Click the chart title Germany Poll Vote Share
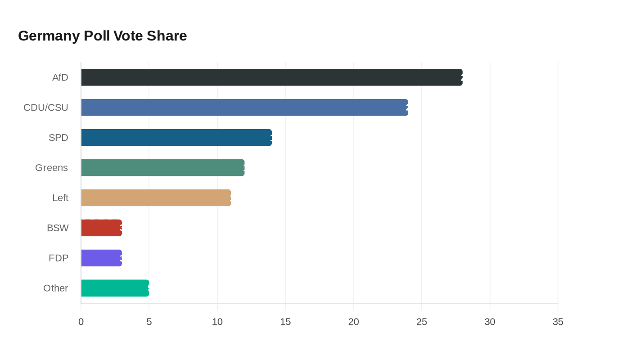[x=102, y=36]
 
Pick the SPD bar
[x=176, y=138]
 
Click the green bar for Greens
[x=162, y=167]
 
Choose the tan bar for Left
[x=156, y=198]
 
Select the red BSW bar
[x=101, y=228]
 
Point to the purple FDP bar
[x=101, y=258]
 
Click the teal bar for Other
[x=115, y=288]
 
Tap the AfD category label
[x=60, y=77]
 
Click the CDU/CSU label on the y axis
[x=46, y=108]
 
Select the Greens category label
[x=52, y=167]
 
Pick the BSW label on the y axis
[x=58, y=228]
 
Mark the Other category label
[x=56, y=288]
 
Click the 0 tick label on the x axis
[x=81, y=322]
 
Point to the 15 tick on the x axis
[x=285, y=322]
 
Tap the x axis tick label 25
[x=422, y=322]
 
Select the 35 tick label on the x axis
[x=558, y=322]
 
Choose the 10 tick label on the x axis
[x=217, y=322]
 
